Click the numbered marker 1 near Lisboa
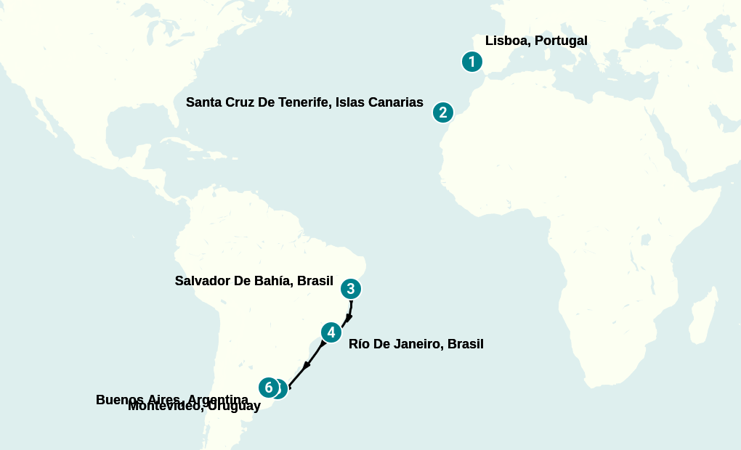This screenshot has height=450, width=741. [472, 62]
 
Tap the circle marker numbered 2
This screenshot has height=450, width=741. [443, 112]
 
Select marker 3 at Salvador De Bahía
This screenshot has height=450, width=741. [351, 289]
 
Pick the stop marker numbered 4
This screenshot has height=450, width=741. [331, 332]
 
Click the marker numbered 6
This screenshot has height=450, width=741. [268, 388]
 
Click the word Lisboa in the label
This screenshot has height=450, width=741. [506, 41]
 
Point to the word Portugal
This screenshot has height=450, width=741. [560, 41]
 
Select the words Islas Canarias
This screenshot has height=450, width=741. [379, 102]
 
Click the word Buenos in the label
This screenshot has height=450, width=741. [118, 400]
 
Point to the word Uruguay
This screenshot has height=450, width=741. [234, 407]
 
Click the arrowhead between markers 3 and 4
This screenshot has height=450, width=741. [349, 317]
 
